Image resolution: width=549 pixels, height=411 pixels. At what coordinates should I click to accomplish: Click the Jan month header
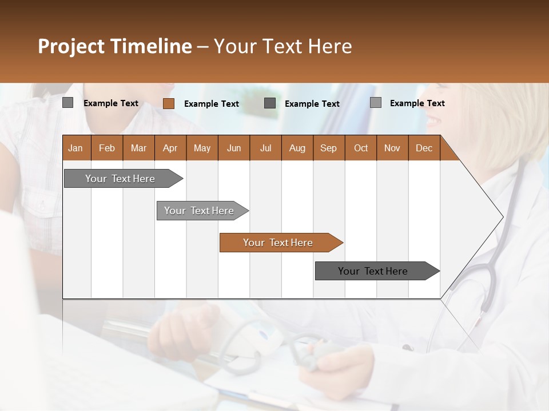point(75,148)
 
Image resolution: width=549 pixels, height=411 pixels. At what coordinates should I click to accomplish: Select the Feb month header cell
point(107,148)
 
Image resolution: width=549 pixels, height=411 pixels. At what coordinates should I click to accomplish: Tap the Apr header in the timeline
point(170,148)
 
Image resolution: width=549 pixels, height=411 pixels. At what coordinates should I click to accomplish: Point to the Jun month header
point(234,148)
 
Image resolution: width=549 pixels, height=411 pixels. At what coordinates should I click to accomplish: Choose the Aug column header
point(297,148)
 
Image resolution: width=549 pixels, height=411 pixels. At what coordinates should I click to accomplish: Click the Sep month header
point(328,148)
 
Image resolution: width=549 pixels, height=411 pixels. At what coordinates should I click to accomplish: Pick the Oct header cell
point(361,148)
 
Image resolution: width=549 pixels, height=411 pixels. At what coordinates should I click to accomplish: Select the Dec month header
point(424,148)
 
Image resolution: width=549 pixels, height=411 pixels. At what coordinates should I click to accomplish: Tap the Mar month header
point(138,148)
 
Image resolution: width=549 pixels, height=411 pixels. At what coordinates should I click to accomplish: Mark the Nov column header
point(392,148)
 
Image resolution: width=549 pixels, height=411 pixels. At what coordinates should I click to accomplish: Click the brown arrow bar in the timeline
point(278,243)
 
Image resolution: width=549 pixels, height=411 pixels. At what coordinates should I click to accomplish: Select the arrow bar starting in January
point(120,179)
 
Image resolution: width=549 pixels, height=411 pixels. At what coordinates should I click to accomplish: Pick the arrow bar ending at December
point(373,271)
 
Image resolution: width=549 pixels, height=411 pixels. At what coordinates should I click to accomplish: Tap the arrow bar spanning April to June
point(199,211)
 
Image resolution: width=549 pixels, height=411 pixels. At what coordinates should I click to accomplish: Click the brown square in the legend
point(168,103)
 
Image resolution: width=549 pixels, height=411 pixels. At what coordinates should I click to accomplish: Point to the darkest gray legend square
point(270,103)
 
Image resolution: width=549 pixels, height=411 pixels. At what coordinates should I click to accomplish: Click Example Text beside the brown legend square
point(211,104)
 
